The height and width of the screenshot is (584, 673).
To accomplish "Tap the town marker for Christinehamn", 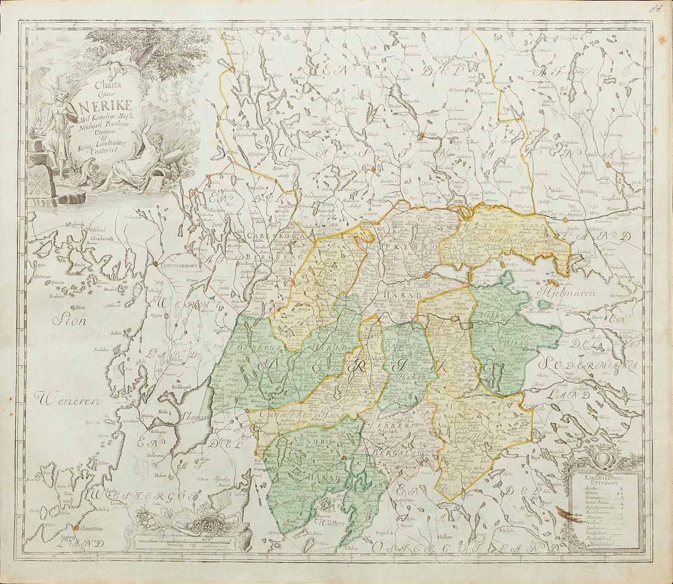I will point(155,265).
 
